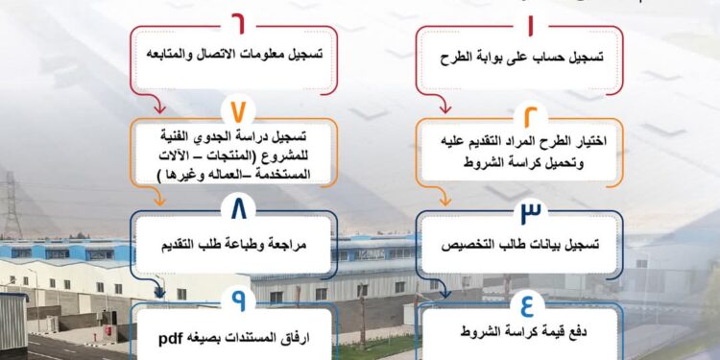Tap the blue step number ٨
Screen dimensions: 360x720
(238, 206)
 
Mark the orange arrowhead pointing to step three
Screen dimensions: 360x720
(444, 202)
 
